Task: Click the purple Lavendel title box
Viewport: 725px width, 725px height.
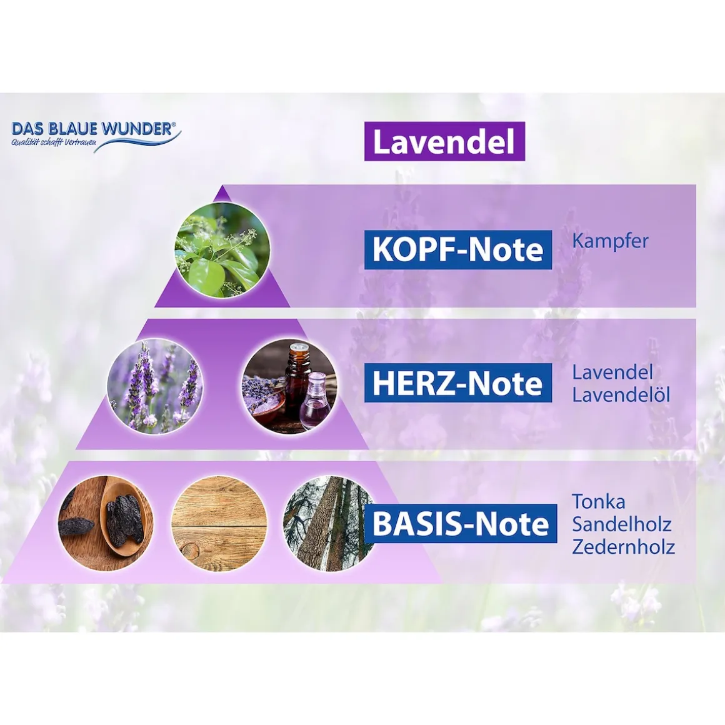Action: tap(444, 141)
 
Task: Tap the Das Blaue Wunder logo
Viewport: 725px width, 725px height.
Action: tap(95, 134)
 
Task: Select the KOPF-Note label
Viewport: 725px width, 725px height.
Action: tap(457, 249)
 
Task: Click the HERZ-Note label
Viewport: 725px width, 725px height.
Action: tap(457, 382)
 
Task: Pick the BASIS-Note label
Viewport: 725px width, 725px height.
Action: tap(461, 523)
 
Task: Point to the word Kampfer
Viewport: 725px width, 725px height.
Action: tap(610, 241)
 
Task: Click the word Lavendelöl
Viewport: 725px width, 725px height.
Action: tap(621, 395)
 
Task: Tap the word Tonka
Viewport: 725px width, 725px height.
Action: tap(598, 501)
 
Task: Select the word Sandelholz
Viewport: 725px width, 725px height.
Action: tap(621, 524)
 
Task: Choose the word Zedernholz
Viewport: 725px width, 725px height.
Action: tap(623, 547)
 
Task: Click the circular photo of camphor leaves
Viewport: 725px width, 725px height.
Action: tap(222, 249)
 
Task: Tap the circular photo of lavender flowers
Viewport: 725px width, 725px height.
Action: tap(155, 386)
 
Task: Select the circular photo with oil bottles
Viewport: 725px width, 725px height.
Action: tap(289, 386)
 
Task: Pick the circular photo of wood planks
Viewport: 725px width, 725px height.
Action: tap(219, 523)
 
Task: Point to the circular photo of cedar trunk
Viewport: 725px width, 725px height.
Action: tap(325, 523)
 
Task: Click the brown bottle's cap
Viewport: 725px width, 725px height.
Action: tap(299, 348)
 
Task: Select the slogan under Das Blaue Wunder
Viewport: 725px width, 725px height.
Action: tap(53, 143)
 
